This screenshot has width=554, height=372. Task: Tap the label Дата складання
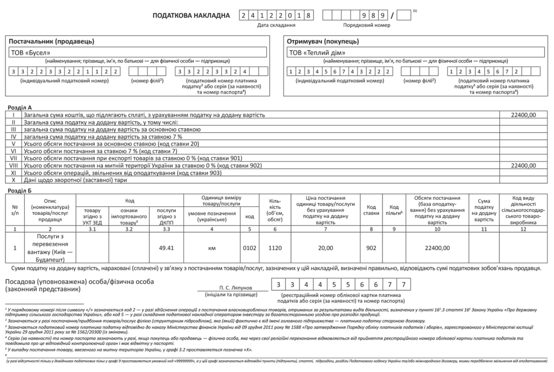pos(276,25)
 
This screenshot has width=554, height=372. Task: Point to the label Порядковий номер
pos(366,25)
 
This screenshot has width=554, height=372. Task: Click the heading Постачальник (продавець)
pos(52,41)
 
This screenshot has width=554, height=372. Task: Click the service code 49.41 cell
pos(166,247)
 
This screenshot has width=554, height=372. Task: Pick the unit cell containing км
pos(212,247)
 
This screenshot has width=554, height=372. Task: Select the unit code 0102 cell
pos(249,247)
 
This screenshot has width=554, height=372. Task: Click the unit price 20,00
pos(325,247)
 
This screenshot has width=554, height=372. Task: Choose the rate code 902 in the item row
pos(371,247)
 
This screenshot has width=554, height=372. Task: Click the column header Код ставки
pos(371,210)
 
